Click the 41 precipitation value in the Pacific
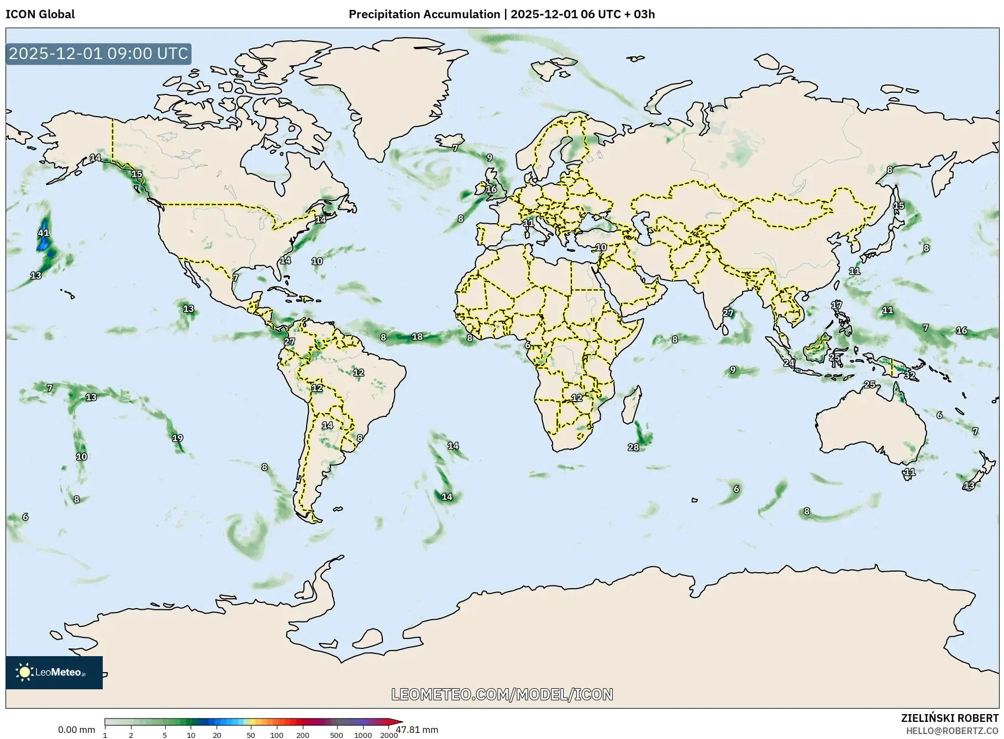point(44,233)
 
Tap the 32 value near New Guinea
point(910,376)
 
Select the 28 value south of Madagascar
point(633,447)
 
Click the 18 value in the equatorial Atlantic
point(417,337)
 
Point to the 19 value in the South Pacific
point(177,439)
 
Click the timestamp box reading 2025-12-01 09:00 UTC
point(98,54)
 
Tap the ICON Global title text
point(40,14)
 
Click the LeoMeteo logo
point(54,672)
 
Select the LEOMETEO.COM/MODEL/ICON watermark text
point(502,694)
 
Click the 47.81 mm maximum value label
point(417,730)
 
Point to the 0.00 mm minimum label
point(76,730)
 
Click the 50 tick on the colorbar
point(251,735)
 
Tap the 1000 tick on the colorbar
point(363,735)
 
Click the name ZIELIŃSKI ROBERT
point(949,719)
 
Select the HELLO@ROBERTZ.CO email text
point(952,731)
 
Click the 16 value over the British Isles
point(491,189)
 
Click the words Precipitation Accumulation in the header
point(424,14)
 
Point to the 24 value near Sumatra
point(789,363)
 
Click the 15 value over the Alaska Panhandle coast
point(136,174)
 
